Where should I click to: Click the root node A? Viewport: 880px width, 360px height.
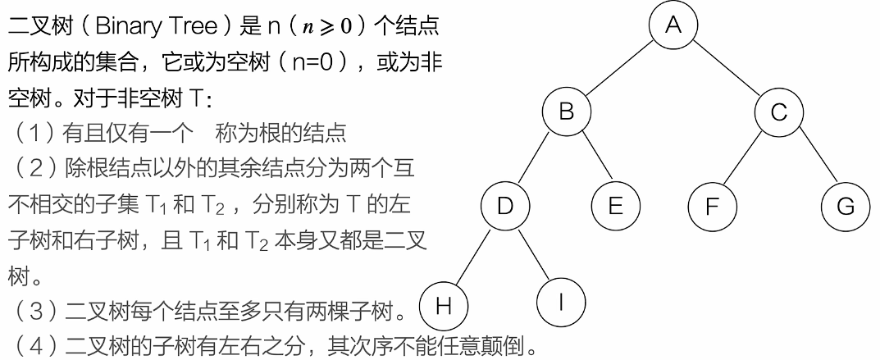point(673,25)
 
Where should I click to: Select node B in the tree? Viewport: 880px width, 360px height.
point(567,112)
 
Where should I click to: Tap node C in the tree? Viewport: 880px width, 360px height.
point(779,112)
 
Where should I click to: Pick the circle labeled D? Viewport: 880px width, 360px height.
point(504,204)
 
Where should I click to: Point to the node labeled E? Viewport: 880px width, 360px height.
point(616,204)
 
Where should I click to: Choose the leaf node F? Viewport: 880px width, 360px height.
point(712,204)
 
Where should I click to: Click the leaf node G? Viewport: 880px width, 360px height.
point(846,204)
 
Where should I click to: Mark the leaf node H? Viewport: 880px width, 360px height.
point(444,305)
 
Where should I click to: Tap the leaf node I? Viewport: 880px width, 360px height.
point(561,303)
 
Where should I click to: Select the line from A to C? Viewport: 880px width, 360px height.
point(727,68)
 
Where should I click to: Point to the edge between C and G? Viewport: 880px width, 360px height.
point(813,158)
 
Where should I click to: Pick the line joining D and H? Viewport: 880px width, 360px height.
point(474,255)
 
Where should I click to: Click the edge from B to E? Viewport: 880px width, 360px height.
point(591,158)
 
